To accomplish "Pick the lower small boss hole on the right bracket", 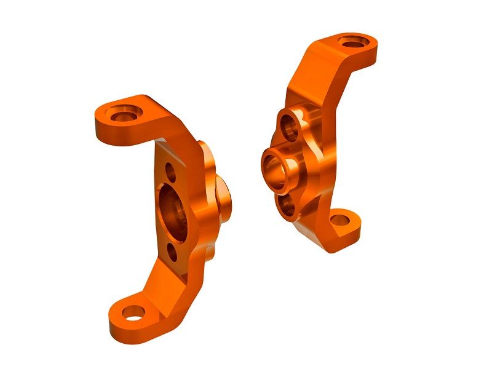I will [287, 206].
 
